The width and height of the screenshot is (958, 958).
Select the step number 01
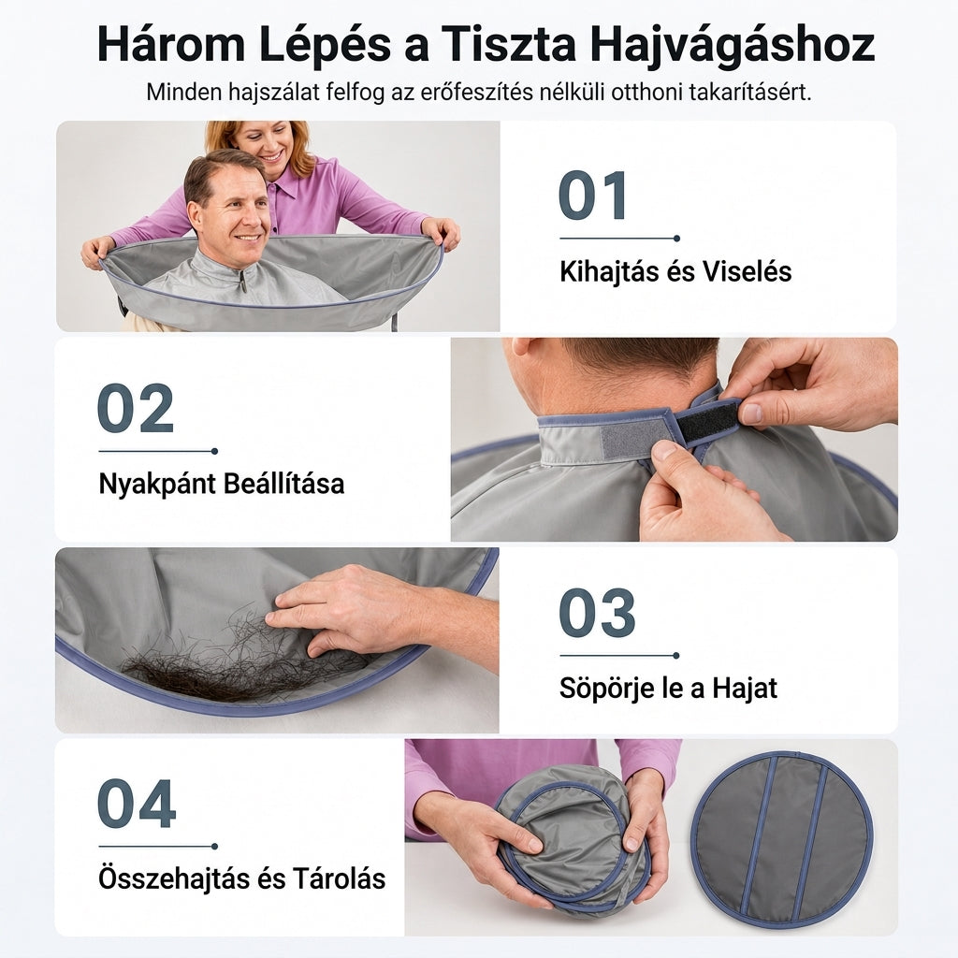(x=592, y=196)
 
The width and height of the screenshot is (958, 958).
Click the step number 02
(x=136, y=408)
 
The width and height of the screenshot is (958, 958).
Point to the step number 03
(x=597, y=613)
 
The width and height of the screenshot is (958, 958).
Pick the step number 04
(x=137, y=804)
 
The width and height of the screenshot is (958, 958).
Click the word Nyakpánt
(x=156, y=485)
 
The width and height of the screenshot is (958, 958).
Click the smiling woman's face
(x=267, y=144)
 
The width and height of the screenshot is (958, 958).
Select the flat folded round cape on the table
(x=783, y=838)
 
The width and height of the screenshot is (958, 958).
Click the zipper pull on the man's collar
(x=243, y=282)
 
